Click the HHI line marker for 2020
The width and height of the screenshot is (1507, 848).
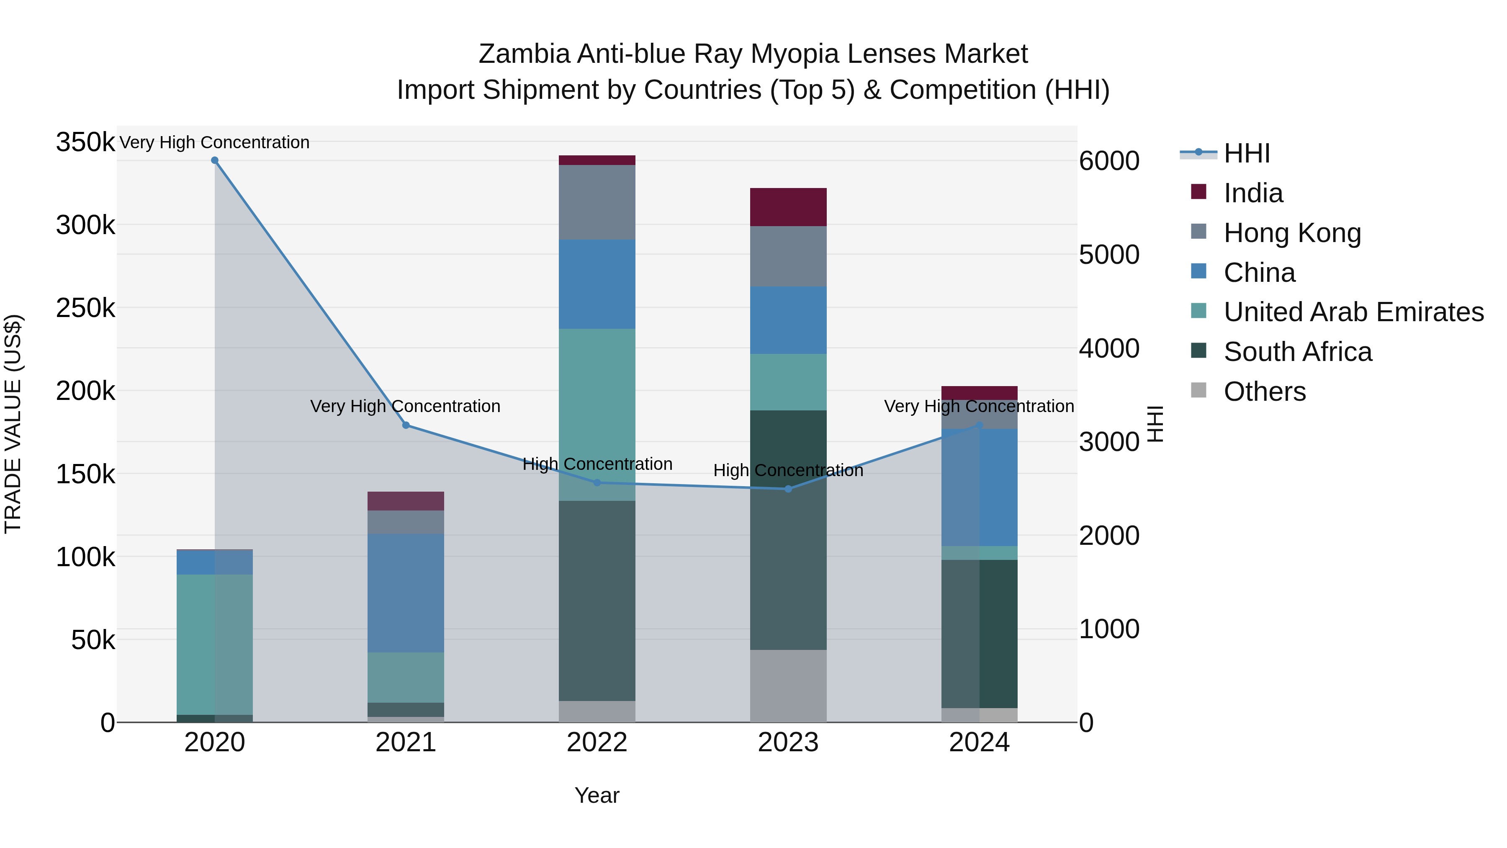tap(215, 160)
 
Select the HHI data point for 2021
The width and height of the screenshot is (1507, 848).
tap(406, 425)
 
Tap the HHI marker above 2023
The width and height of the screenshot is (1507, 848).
tap(788, 489)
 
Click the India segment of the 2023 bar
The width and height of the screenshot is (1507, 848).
tap(788, 207)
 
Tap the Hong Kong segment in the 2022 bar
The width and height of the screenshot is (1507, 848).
tap(597, 202)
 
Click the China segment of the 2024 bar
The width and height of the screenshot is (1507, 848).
tap(979, 487)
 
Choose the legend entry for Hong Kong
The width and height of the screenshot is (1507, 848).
tap(1292, 233)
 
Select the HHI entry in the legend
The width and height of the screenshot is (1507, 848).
tap(1246, 153)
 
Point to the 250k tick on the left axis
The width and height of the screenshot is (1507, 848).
tap(85, 308)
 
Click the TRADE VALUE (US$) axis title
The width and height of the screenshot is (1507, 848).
tap(13, 424)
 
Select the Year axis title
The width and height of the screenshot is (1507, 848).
tap(597, 795)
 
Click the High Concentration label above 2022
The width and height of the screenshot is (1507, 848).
tap(597, 464)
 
